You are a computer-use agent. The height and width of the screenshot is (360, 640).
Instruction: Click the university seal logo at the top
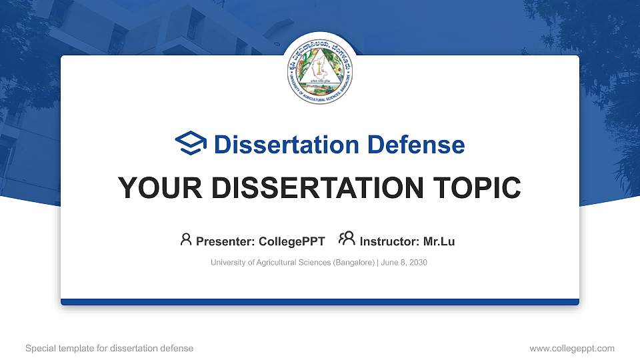(319, 68)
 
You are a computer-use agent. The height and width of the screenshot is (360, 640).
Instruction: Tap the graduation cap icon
(191, 143)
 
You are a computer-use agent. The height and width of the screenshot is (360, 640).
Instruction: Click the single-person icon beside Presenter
(186, 239)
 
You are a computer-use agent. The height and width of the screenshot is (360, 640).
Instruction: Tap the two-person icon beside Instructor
(347, 239)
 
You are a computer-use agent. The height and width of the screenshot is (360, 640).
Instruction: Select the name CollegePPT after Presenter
(292, 241)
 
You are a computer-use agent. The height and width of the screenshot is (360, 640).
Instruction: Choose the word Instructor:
(389, 241)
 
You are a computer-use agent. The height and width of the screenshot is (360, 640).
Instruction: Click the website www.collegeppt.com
(571, 348)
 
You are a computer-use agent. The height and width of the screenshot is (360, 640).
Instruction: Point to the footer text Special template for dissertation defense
(109, 348)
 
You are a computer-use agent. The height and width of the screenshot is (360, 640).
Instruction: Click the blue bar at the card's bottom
(319, 302)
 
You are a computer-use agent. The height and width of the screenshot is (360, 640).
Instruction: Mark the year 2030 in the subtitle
(417, 263)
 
